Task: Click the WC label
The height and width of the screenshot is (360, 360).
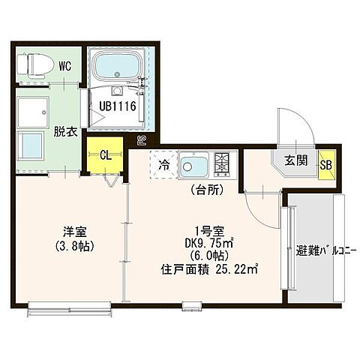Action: tap(64, 67)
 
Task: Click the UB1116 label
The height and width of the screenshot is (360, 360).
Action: tap(118, 106)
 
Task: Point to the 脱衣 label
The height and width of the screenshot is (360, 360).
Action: tap(64, 131)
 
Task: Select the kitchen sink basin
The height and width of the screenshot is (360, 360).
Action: tap(196, 165)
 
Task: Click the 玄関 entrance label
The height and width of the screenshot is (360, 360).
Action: tap(294, 160)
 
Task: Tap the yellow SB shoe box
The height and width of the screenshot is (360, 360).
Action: tap(326, 164)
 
